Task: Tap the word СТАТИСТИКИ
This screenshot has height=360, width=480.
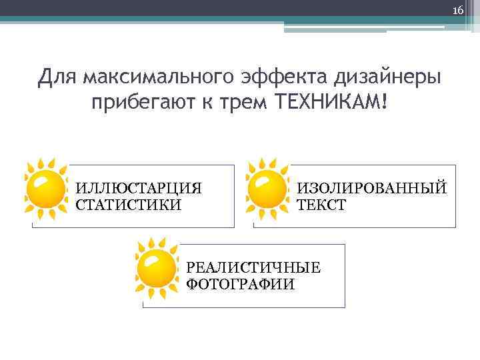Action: click(128, 205)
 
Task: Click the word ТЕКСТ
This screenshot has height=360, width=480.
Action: click(321, 205)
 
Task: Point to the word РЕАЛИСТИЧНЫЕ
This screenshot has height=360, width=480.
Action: click(253, 268)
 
